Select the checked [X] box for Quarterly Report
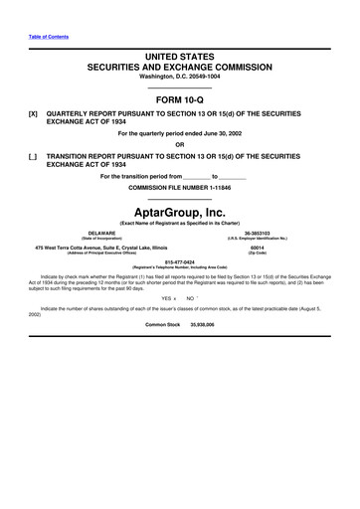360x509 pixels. (x=35, y=115)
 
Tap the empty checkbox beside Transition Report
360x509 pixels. (x=35, y=157)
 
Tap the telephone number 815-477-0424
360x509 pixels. (x=180, y=262)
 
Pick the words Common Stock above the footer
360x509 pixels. (x=162, y=324)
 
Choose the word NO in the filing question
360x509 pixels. (x=190, y=295)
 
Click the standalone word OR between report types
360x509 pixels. (x=180, y=146)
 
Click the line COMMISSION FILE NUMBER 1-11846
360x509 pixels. (x=180, y=188)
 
